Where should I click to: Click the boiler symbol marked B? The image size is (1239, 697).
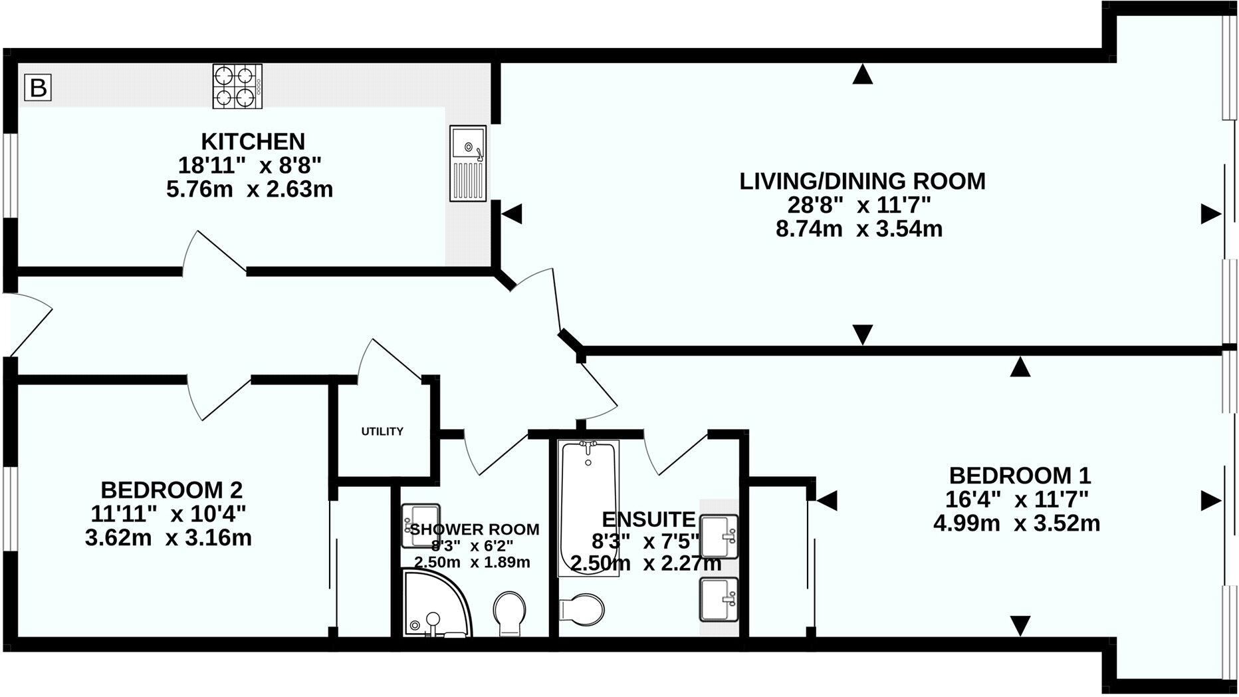click(x=38, y=88)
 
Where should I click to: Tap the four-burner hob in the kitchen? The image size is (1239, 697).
click(x=237, y=86)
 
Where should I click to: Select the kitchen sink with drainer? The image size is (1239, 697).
click(x=468, y=163)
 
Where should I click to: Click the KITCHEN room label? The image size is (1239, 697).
click(x=253, y=142)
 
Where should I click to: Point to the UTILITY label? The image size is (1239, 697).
click(x=382, y=432)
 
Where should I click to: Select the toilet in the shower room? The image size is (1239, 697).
click(x=510, y=612)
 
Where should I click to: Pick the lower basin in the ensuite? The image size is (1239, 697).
click(x=719, y=599)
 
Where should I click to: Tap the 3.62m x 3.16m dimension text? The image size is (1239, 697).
click(x=168, y=537)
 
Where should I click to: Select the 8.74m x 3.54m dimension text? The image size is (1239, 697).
click(x=859, y=229)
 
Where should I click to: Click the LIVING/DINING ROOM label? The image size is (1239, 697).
click(x=862, y=181)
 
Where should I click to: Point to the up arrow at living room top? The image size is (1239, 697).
click(x=862, y=74)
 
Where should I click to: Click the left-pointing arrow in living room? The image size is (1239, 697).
click(x=512, y=214)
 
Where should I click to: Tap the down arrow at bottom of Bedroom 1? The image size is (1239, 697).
click(x=1020, y=625)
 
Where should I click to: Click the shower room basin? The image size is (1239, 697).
click(x=421, y=525)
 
